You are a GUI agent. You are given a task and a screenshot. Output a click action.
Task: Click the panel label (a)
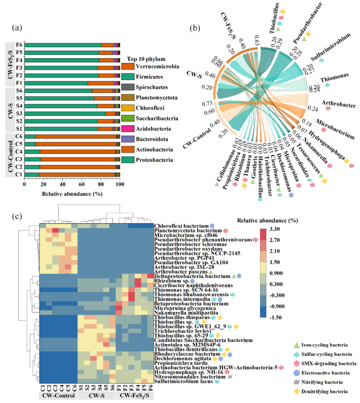[x=17, y=28]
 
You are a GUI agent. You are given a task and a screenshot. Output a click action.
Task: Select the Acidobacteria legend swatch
[x=128, y=129]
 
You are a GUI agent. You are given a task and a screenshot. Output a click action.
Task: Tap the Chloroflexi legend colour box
[x=128, y=108]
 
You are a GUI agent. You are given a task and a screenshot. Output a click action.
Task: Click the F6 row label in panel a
[x=19, y=45]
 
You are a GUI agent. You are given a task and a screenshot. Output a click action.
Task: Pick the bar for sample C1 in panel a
[x=72, y=174]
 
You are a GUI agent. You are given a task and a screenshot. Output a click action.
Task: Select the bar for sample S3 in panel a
[x=72, y=113]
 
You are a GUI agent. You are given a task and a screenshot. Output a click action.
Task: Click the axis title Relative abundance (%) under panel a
[x=72, y=194]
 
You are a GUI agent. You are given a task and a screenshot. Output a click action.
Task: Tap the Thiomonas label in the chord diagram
[x=334, y=78]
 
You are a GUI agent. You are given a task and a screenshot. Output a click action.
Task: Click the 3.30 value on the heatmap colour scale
[x=274, y=229]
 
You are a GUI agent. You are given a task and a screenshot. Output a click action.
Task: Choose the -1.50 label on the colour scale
[x=274, y=318]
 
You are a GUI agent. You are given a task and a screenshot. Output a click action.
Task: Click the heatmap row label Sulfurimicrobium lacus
[x=183, y=381]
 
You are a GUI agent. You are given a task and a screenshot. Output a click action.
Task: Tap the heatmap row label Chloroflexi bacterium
[x=181, y=226]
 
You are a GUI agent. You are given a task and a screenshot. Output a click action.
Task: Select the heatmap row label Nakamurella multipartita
[x=186, y=313]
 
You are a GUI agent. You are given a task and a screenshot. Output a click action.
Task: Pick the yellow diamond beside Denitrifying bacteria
[x=296, y=391]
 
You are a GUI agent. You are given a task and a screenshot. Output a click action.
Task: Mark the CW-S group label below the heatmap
[x=97, y=396]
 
